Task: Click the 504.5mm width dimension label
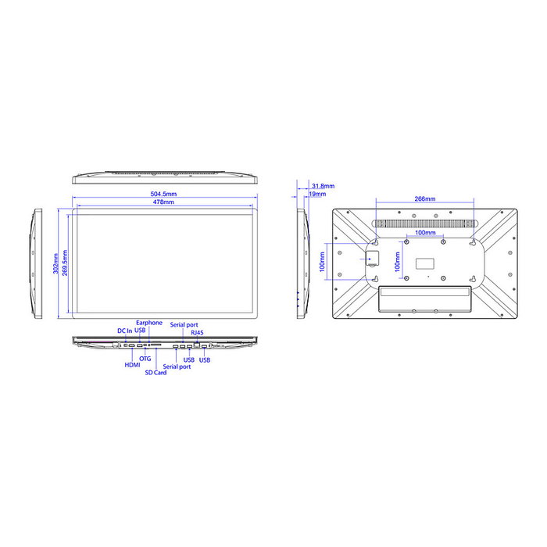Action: coord(163,194)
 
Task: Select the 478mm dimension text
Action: coord(163,202)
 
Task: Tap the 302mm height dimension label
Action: coord(55,263)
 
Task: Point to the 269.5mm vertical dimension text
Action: coord(65,263)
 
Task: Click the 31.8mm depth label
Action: coord(323,186)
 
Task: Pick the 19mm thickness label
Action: coord(317,194)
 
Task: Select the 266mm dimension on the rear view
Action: coord(425,198)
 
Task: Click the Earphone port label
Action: coord(149,323)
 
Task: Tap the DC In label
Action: coord(125,331)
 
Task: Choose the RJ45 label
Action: coord(197,333)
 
